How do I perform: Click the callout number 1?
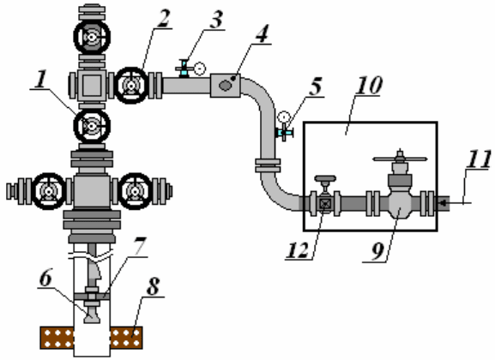[x=40, y=79]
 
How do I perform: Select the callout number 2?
[x=163, y=19]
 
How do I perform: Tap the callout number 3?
[x=215, y=20]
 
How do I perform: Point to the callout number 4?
[x=262, y=33]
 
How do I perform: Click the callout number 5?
[x=315, y=86]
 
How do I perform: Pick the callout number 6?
[x=45, y=278]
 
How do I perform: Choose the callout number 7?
[x=139, y=246]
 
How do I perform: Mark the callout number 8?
[x=153, y=286]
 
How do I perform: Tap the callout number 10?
[x=369, y=85]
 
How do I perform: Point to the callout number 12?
[x=298, y=250]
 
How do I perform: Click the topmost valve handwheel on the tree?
[x=92, y=37]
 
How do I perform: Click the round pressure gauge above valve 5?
[x=284, y=117]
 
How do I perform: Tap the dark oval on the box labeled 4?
[x=225, y=85]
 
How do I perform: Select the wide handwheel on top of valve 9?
[x=400, y=159]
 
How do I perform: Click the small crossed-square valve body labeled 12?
[x=324, y=203]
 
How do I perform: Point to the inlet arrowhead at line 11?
[x=443, y=203]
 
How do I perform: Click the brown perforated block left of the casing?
[x=57, y=338]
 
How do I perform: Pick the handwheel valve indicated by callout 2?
[x=131, y=85]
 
